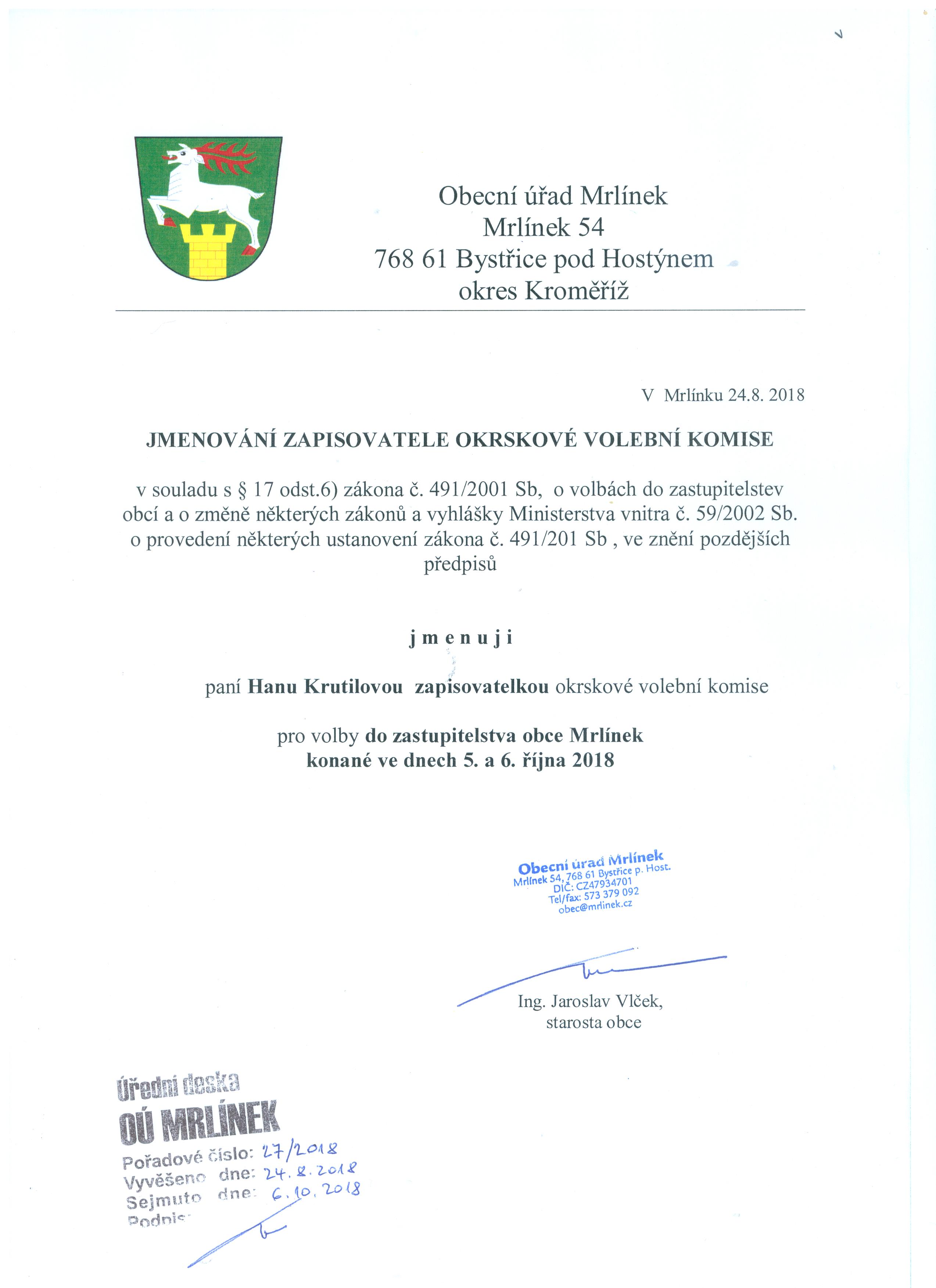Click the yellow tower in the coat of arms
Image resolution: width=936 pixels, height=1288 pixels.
[x=210, y=250]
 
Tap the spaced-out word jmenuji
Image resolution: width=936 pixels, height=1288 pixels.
[x=460, y=638]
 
